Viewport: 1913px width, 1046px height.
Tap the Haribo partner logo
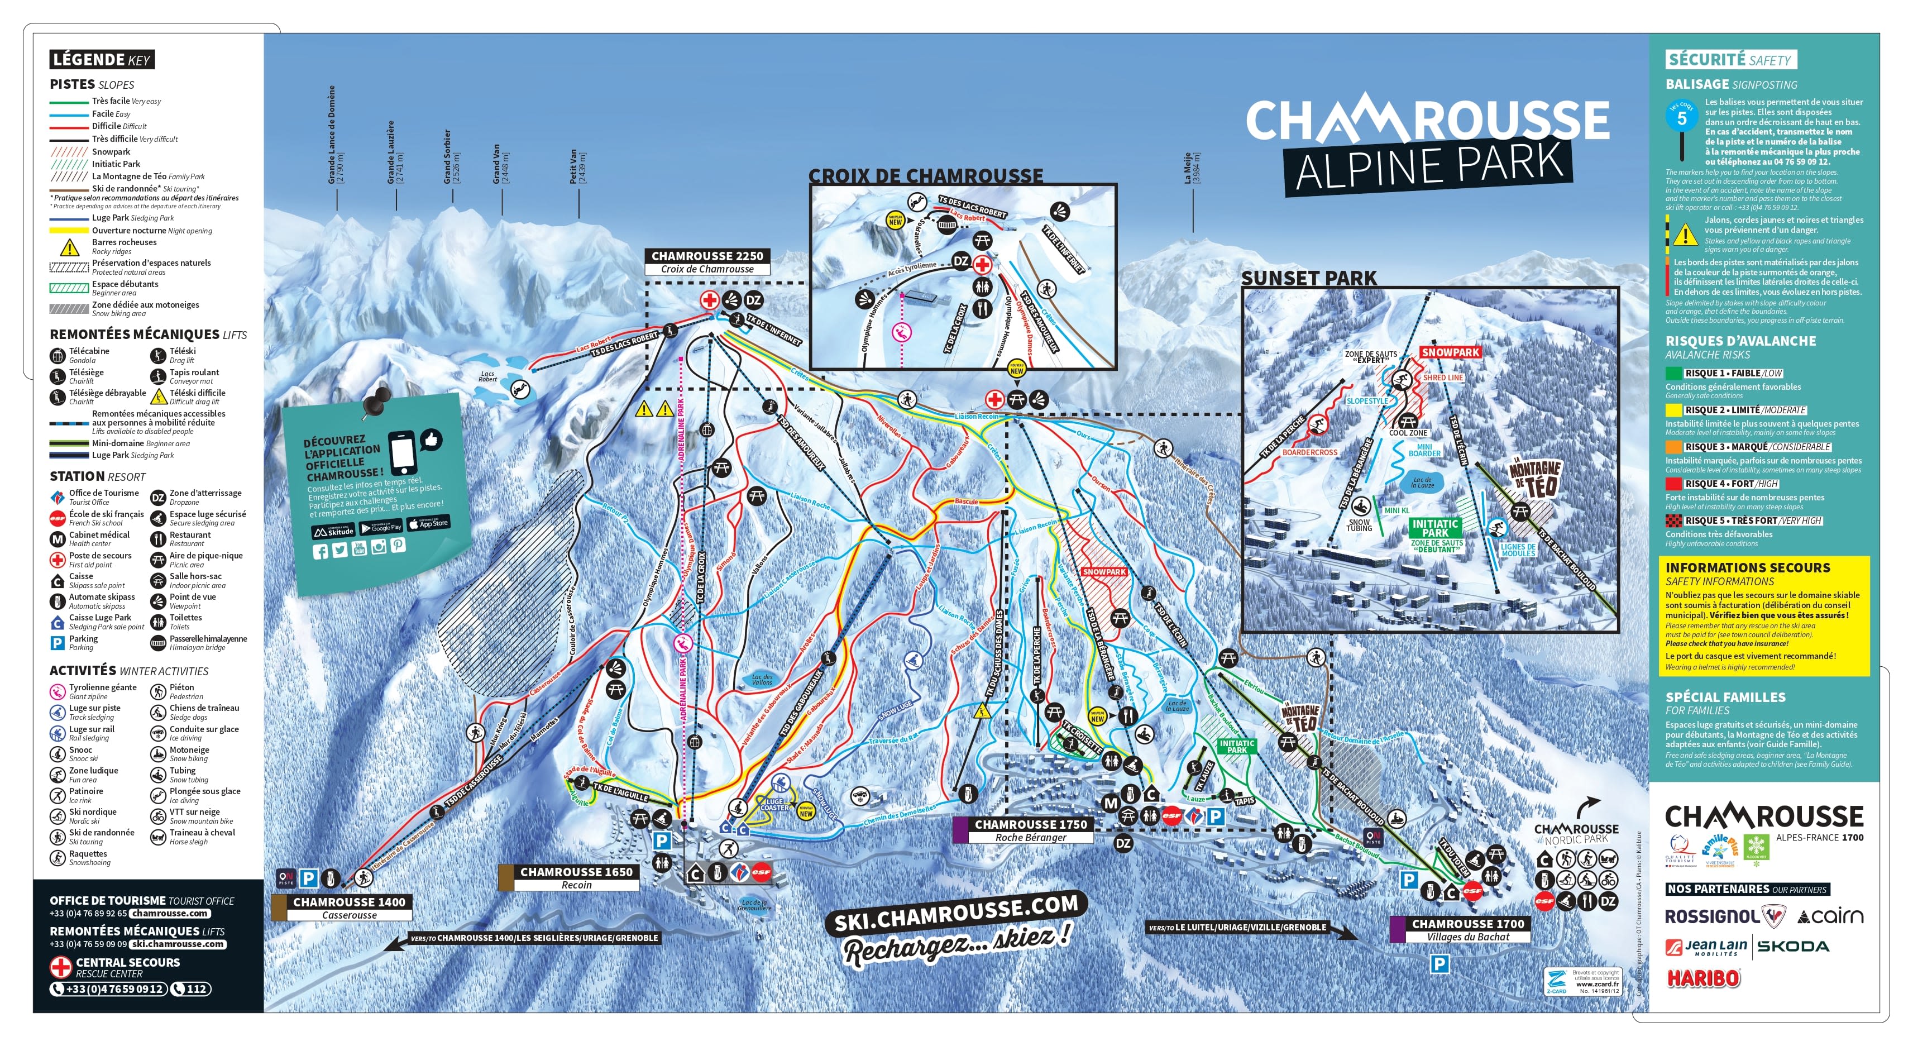tap(1704, 978)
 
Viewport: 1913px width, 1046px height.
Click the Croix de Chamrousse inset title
tap(925, 176)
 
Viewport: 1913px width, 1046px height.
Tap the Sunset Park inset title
tap(1308, 279)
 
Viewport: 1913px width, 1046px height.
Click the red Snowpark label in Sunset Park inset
tap(1450, 352)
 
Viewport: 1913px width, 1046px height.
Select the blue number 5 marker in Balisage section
tap(1682, 117)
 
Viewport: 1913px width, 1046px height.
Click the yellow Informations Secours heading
tap(1747, 567)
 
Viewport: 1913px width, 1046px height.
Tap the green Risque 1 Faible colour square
tap(1673, 373)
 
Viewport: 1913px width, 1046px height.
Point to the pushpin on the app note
tap(378, 401)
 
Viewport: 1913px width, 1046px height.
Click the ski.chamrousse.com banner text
tap(956, 913)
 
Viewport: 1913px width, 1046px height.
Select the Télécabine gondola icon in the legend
tap(57, 356)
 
